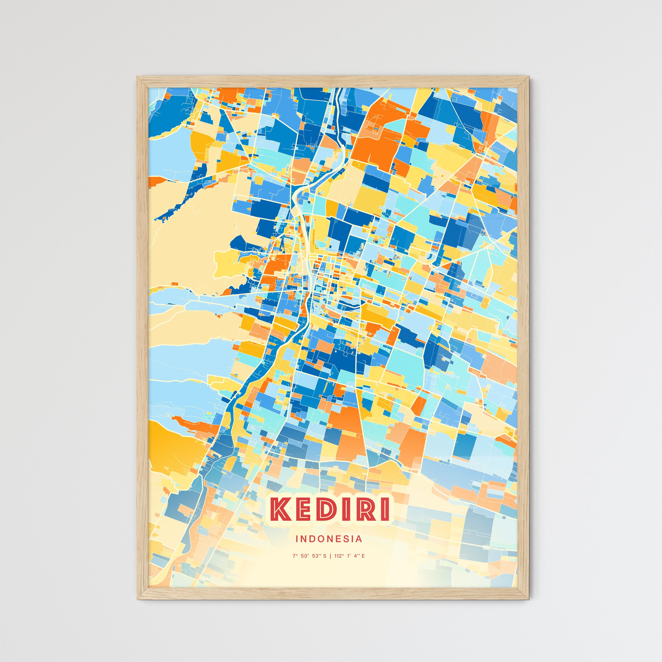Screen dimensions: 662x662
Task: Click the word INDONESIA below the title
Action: coord(329,539)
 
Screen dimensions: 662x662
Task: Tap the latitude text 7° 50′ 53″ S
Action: coord(309,556)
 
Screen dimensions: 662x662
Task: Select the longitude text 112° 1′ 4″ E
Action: coord(350,556)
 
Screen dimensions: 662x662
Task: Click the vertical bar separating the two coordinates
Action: coord(330,556)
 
